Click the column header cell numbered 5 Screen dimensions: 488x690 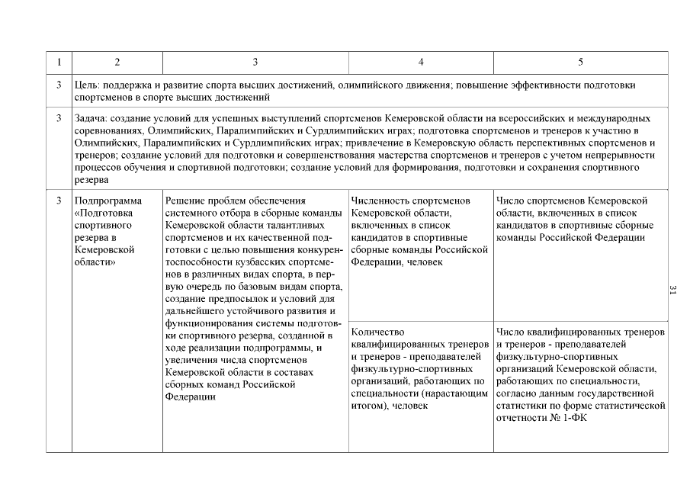580,62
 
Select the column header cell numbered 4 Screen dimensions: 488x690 421,62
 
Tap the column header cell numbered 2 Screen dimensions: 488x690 117,62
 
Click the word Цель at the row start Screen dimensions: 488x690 85,85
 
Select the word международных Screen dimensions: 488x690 619,119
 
